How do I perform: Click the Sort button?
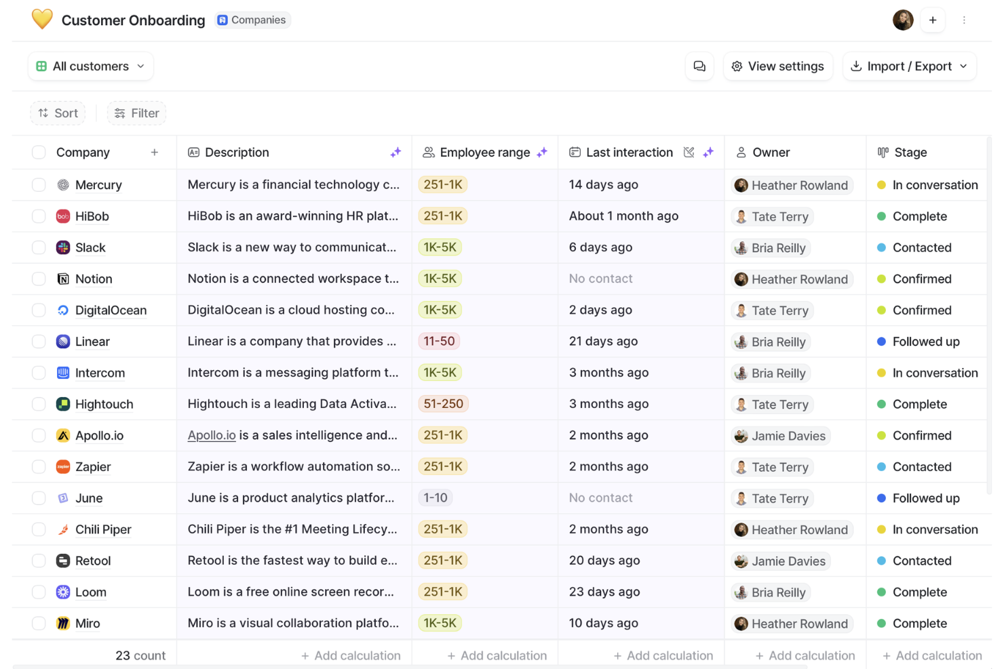coord(58,113)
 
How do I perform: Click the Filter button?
coord(136,113)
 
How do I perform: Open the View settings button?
coord(777,66)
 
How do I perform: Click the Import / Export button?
coord(909,66)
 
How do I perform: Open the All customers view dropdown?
coord(90,66)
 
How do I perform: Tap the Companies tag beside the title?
coord(252,20)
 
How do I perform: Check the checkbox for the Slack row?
coord(39,247)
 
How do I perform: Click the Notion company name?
coord(94,279)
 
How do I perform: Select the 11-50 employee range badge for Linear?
coord(439,342)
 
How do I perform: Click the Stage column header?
coord(910,153)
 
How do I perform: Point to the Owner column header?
coord(771,153)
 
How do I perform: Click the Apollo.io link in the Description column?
coord(212,435)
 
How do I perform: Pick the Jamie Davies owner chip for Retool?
coord(781,561)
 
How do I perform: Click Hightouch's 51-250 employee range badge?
coord(443,404)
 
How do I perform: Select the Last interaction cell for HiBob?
coord(623,216)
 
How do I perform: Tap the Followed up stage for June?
coord(925,498)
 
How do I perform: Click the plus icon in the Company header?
coord(155,153)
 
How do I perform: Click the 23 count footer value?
coord(140,655)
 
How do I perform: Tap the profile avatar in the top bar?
coord(902,20)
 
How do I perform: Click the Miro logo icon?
coord(63,624)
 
